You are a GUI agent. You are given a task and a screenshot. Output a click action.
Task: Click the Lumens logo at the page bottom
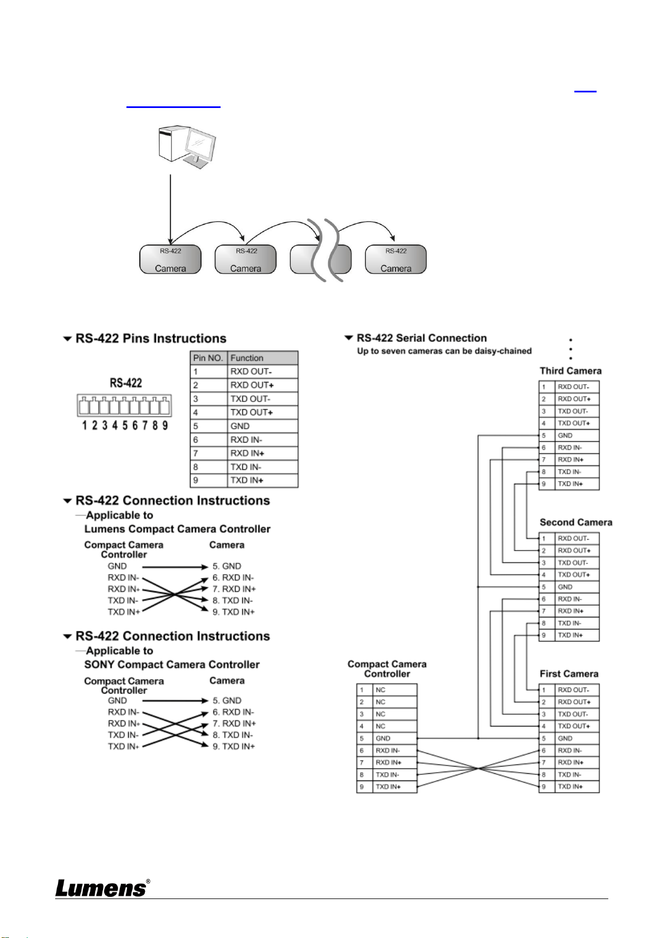click(x=102, y=888)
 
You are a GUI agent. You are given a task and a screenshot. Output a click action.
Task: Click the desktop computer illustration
click(x=187, y=146)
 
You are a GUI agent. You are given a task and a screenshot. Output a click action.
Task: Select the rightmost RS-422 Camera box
click(x=396, y=259)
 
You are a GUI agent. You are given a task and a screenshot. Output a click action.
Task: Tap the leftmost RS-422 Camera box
click(x=170, y=259)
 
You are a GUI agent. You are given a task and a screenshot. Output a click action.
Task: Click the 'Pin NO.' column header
click(x=208, y=358)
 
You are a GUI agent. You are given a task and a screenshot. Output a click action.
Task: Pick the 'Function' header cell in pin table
click(x=262, y=358)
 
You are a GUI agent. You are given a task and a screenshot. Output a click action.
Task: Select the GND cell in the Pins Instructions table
click(x=262, y=426)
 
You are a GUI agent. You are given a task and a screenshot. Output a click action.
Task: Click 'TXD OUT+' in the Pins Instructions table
click(x=262, y=412)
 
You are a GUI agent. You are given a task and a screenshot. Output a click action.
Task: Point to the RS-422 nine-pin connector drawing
click(x=124, y=405)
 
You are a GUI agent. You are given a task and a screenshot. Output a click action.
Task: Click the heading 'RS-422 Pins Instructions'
click(x=151, y=338)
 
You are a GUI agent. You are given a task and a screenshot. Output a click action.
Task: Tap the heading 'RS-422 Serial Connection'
click(x=422, y=338)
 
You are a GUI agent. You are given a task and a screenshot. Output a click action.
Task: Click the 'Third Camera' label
click(x=570, y=371)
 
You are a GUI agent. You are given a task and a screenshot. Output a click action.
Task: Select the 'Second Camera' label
click(x=575, y=523)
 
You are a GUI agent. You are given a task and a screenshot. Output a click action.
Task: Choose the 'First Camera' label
click(x=569, y=674)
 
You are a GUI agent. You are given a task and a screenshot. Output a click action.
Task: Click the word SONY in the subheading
click(x=99, y=665)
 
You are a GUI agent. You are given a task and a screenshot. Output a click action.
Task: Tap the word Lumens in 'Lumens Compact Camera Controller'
click(x=105, y=529)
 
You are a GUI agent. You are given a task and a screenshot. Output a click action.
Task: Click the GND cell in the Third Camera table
click(x=577, y=435)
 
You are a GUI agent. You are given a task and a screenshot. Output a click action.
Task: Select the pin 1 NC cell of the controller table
click(x=394, y=690)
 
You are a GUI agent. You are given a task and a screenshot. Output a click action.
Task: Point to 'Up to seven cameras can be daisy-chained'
click(x=444, y=351)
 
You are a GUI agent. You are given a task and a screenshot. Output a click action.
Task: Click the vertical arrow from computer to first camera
click(x=170, y=209)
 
